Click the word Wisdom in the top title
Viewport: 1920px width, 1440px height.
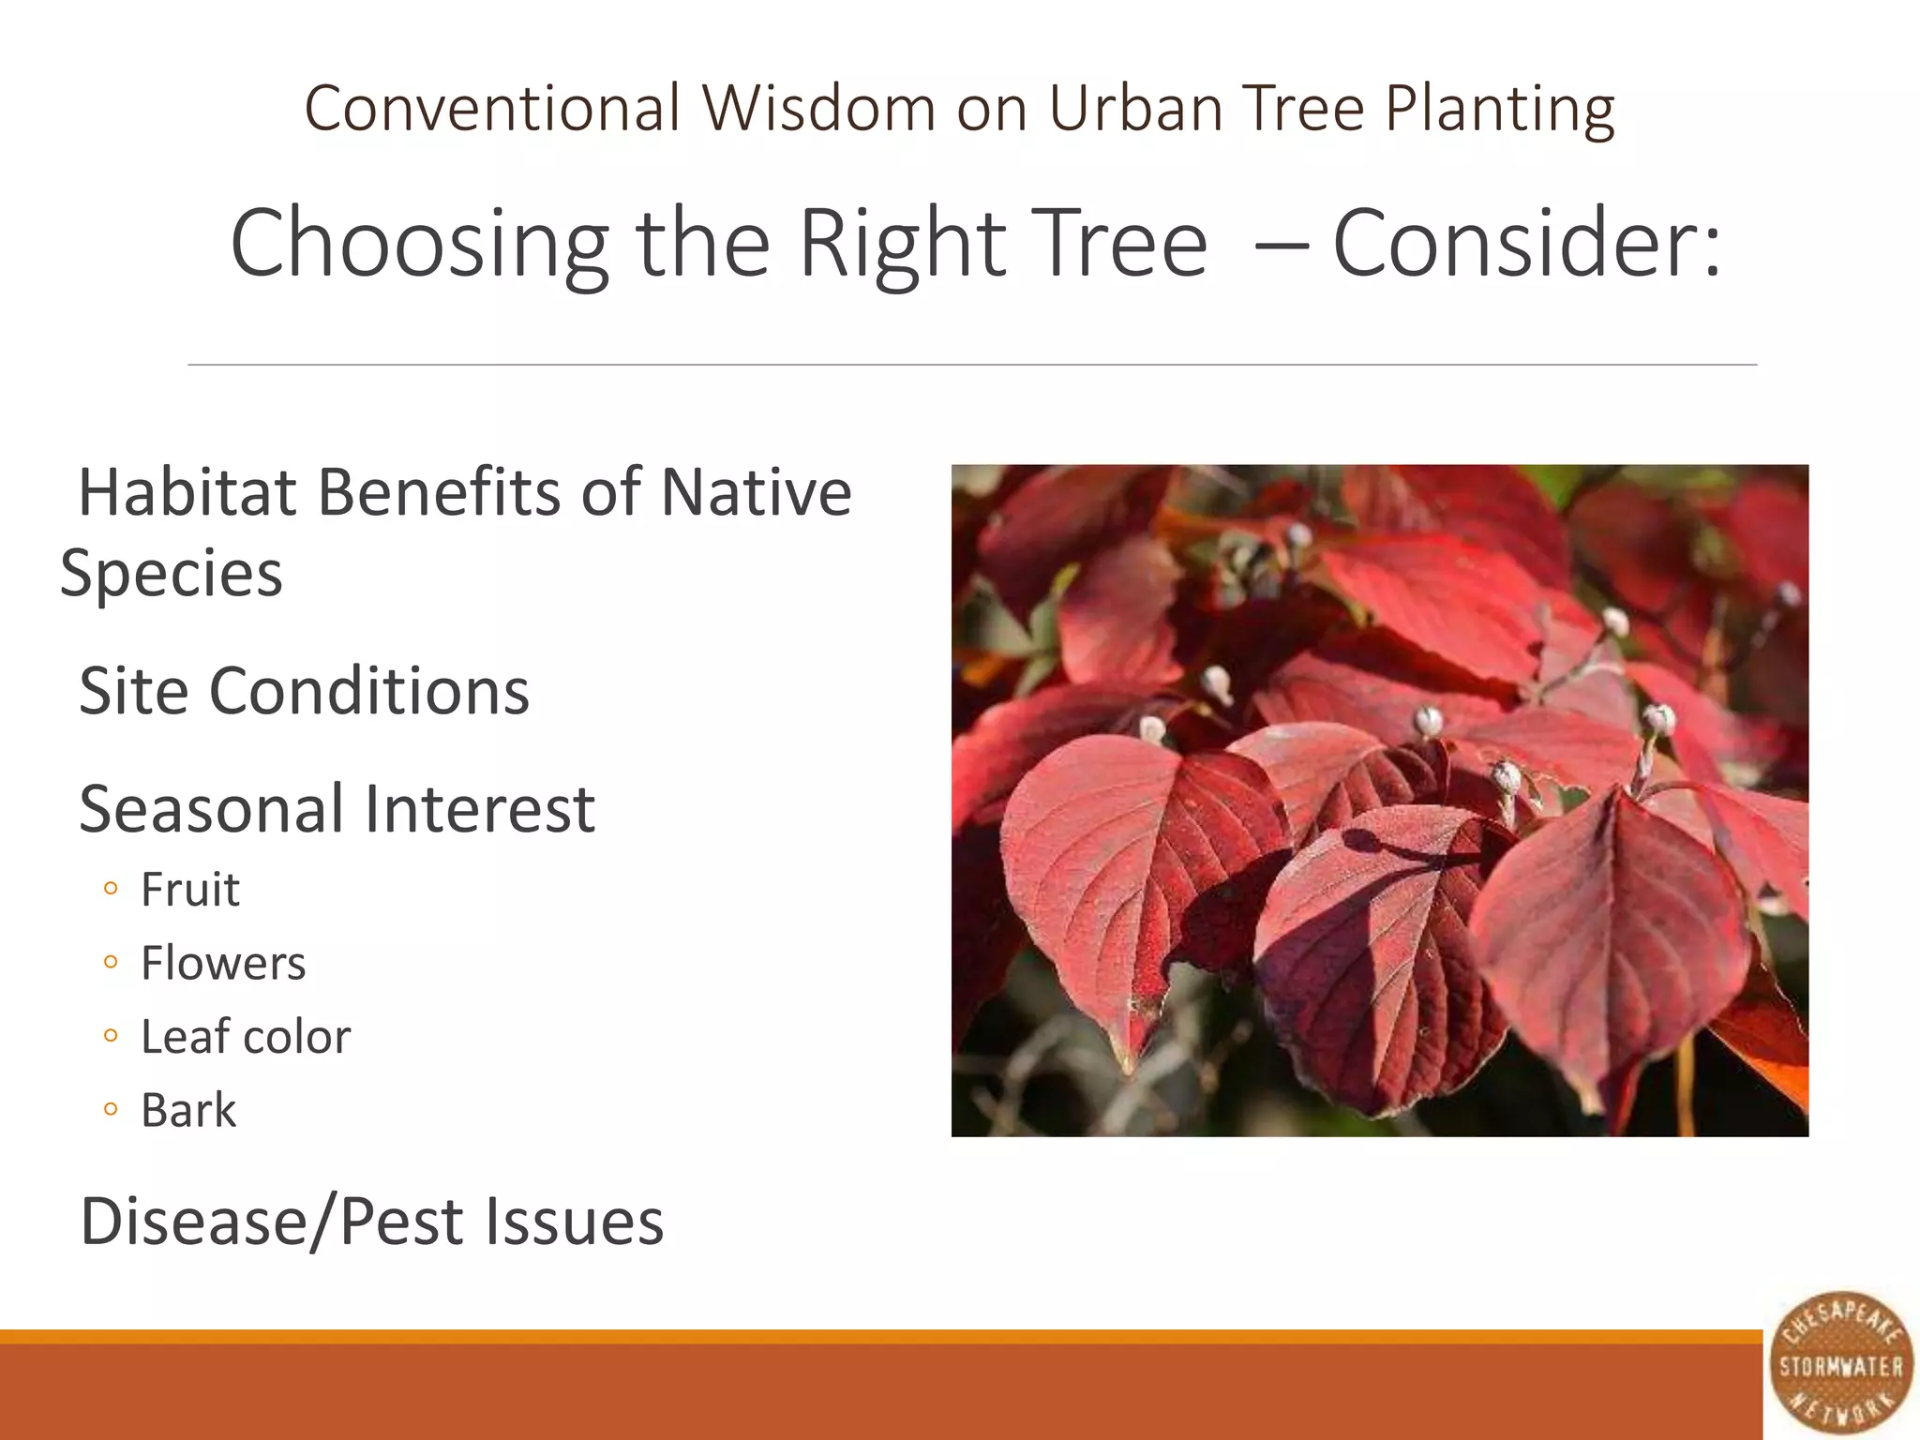(x=818, y=108)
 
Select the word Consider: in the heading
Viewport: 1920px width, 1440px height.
(x=1527, y=244)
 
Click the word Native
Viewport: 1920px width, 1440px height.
(x=756, y=492)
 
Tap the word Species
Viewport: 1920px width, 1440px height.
(x=172, y=573)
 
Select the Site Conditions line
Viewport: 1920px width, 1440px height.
(x=304, y=691)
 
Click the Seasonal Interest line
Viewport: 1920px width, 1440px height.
(x=337, y=809)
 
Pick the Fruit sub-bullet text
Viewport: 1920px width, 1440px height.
(x=190, y=890)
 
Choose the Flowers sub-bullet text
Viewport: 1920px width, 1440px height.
(x=223, y=963)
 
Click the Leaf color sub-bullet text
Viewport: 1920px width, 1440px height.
(x=246, y=1037)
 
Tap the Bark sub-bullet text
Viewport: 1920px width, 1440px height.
(x=188, y=1111)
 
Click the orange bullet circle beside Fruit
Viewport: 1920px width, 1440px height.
(x=112, y=890)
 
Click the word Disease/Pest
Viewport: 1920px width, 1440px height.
(x=272, y=1222)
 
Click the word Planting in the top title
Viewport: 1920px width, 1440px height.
(x=1500, y=108)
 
